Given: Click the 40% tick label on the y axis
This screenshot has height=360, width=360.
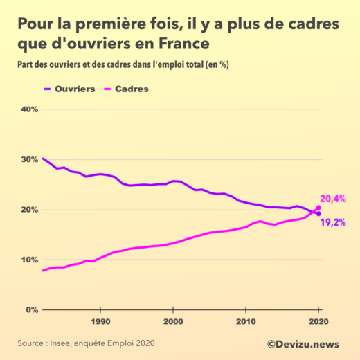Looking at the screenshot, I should point(28,109).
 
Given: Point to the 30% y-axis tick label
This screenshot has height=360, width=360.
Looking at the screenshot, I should point(28,159).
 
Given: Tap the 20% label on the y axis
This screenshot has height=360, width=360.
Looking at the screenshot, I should point(28,210).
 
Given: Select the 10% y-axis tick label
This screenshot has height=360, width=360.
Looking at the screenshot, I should point(28,260).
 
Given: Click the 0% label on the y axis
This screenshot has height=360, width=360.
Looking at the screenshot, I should point(31,309).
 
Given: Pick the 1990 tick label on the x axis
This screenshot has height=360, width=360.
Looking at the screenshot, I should point(100,322).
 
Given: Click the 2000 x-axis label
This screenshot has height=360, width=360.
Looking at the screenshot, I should point(173,322).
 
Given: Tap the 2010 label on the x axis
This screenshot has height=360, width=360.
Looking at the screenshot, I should point(246,322).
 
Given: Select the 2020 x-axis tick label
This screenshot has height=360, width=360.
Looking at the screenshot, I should point(318,322).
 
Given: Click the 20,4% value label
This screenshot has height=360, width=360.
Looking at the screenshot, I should point(333,199).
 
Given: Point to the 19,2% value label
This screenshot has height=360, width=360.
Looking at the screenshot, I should point(333,222).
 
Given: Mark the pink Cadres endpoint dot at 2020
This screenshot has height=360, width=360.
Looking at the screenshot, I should point(318,208).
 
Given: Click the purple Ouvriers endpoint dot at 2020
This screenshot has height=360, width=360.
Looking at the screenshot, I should point(318,213).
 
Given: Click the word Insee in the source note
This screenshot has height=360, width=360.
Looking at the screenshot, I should point(64,343).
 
